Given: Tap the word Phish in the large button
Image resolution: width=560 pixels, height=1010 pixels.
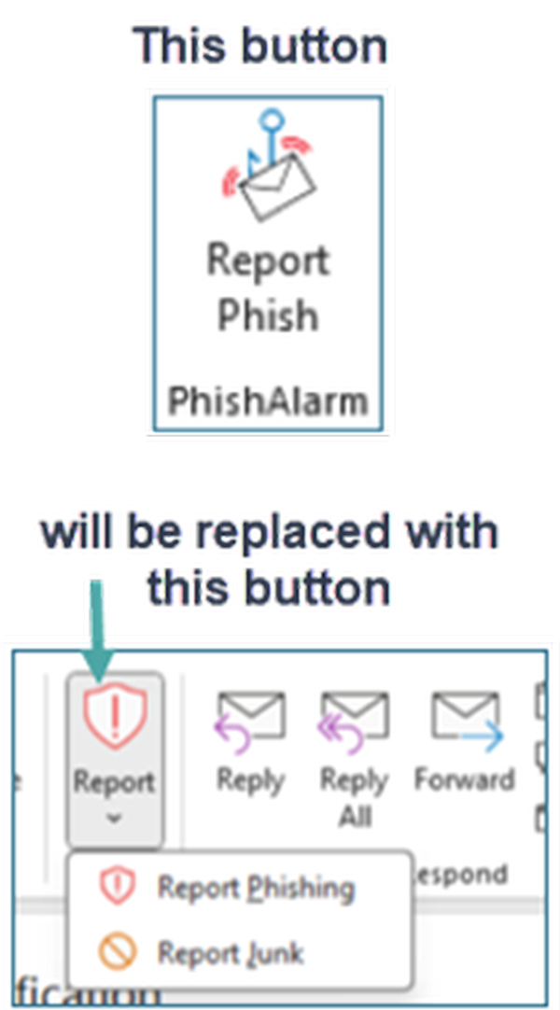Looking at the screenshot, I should [x=268, y=316].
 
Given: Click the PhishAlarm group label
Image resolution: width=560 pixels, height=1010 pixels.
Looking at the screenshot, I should [x=268, y=401].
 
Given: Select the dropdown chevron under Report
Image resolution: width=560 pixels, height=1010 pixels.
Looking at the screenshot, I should [x=114, y=819].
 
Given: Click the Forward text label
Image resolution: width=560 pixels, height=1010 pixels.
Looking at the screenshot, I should [x=464, y=779].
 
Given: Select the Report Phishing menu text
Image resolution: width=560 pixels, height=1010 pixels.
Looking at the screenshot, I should [x=256, y=887].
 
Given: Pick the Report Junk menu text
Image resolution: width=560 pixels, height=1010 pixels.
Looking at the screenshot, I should [x=230, y=953].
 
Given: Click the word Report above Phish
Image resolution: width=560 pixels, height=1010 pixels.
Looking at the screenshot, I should [x=268, y=259].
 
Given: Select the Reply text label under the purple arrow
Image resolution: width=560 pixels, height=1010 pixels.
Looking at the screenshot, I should [x=249, y=779].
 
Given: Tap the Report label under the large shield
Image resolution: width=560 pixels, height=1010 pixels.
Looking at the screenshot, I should [x=114, y=782].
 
